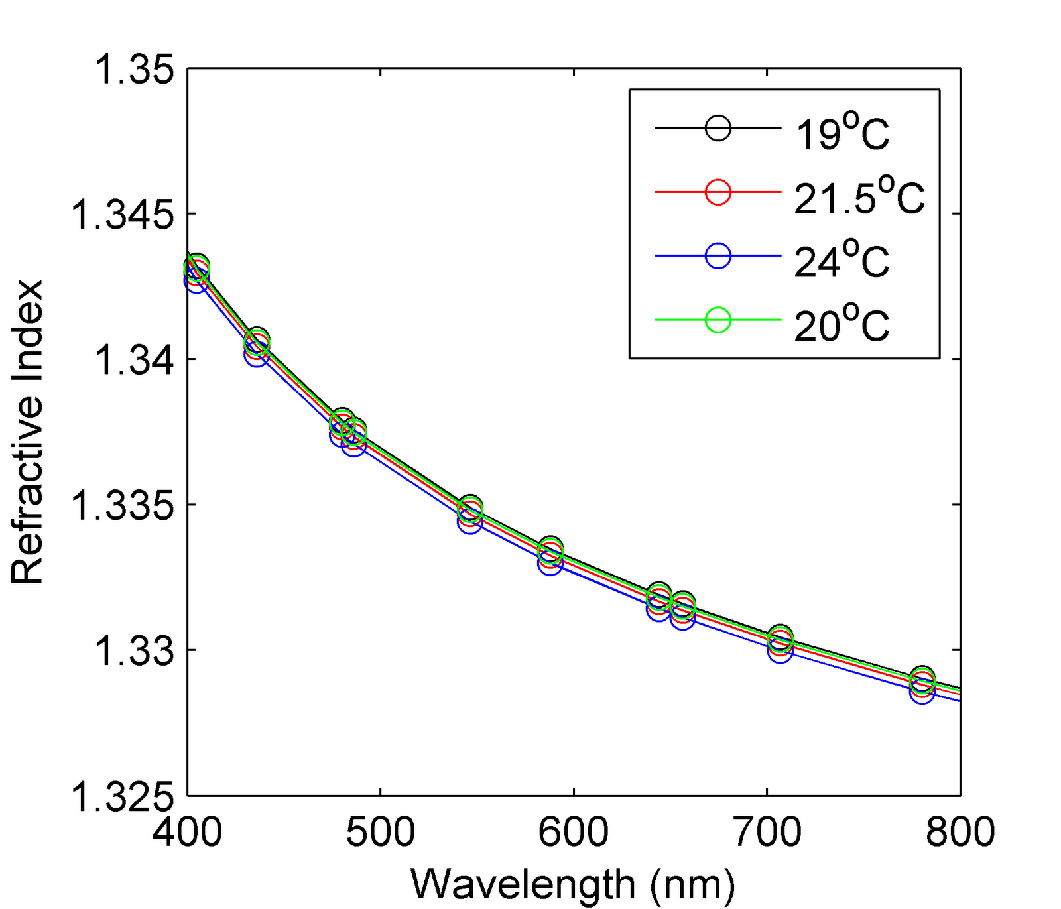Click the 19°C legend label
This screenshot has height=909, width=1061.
[x=842, y=133]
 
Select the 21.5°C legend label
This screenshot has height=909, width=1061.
[x=859, y=196]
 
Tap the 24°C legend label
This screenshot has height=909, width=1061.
[x=842, y=261]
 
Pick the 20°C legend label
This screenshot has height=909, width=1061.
[x=842, y=325]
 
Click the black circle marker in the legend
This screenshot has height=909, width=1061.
[x=718, y=128]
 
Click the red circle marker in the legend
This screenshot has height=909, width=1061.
[x=718, y=192]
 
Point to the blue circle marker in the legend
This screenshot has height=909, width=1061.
[x=718, y=255]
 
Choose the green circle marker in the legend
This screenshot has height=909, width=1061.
[x=718, y=320]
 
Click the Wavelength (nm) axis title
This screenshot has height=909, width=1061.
[x=573, y=884]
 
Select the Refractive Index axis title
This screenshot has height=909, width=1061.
[x=28, y=432]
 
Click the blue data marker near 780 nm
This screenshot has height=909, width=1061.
[x=922, y=692]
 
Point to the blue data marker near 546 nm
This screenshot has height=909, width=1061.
[x=469, y=522]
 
